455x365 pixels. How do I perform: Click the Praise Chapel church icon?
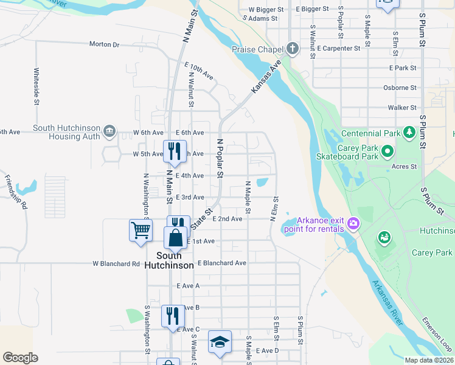point(293,49)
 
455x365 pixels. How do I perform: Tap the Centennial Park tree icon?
point(409,132)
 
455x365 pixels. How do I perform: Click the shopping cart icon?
point(141,230)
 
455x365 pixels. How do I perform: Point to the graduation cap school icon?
point(220,341)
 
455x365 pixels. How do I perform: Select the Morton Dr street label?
point(105,44)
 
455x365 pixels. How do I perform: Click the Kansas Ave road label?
point(265,77)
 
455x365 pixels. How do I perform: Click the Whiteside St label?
point(36,80)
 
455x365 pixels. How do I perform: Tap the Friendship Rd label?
point(16,192)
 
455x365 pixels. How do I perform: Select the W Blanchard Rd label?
point(116,264)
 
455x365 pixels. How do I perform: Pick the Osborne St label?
point(400,88)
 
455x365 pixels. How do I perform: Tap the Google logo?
point(20,358)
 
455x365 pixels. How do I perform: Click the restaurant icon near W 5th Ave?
point(175,151)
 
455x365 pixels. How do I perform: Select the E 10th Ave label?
point(199,71)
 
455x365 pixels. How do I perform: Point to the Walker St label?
point(402,108)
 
